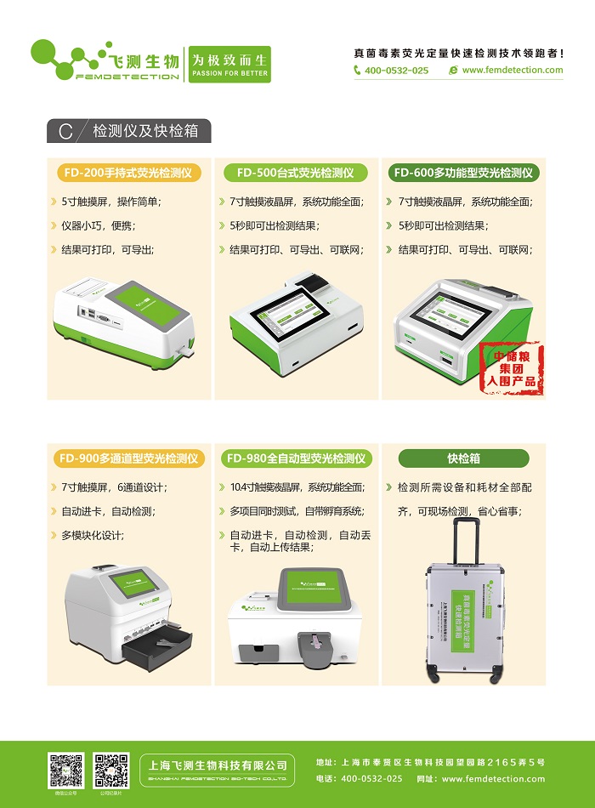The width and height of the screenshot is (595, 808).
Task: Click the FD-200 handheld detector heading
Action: coord(129,173)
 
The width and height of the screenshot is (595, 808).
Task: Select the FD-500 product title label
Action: coord(295,173)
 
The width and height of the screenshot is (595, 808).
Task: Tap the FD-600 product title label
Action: coord(465,173)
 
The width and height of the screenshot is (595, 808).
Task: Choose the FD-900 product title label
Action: coord(129,458)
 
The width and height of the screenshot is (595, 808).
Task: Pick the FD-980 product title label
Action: coord(297,458)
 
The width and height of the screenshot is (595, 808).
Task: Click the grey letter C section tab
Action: coord(65,132)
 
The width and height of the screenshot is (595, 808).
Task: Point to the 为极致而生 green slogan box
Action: coord(229,65)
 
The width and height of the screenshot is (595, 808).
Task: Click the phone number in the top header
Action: coord(396,71)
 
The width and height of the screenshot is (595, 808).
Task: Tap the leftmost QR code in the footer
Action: coord(66,770)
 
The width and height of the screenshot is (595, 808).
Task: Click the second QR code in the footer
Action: coord(111,770)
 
